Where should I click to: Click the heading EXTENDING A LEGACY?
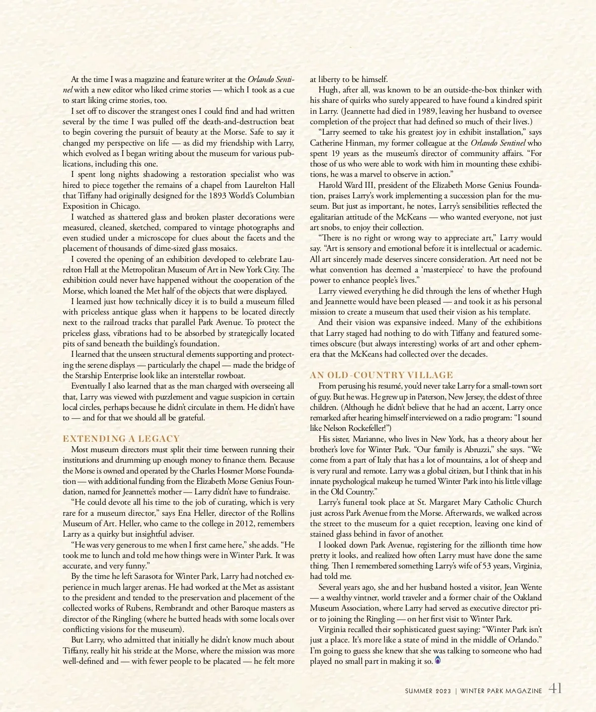click(x=121, y=439)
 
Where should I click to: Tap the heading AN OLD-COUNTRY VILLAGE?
click(x=381, y=375)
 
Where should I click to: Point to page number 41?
click(x=555, y=689)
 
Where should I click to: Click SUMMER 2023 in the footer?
click(x=428, y=691)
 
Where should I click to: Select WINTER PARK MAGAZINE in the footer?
click(x=501, y=691)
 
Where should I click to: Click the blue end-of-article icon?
click(x=438, y=660)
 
